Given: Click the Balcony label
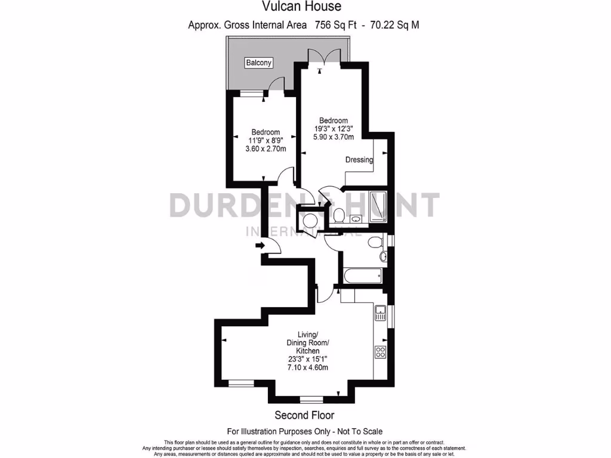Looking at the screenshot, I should coord(259,63).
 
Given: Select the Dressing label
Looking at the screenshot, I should coord(359,159).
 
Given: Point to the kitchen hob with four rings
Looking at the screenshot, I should coord(380,352).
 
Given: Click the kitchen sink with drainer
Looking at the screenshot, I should coord(380,312).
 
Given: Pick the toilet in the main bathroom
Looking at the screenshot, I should coord(375,242).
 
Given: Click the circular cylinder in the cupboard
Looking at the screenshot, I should coord(310,220).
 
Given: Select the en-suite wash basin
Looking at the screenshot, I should coord(356,219).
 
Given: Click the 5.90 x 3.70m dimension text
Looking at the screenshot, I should coord(334,137).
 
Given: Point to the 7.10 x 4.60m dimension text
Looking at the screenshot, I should coord(308,367).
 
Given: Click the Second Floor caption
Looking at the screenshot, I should coord(304,415).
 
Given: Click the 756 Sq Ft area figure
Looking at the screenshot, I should coord(344,25).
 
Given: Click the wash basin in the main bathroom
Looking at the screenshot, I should coord(384,256).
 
